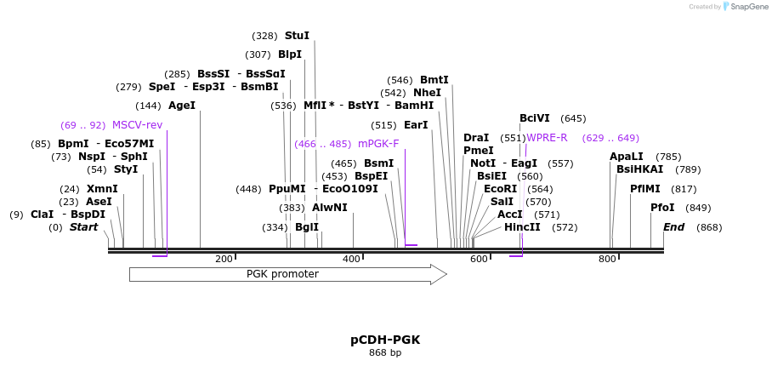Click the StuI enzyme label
297,36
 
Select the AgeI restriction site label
182,106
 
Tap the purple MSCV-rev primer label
137,125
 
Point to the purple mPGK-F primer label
378,144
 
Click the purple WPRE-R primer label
547,138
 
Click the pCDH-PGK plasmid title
385,340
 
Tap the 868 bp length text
385,352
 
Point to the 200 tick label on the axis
224,259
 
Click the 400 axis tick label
351,259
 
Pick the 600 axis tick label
479,259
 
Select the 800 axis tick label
607,259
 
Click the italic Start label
84,227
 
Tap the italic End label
673,227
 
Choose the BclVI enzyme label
535,118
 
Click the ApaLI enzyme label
627,157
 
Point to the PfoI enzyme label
662,208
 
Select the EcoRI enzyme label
500,189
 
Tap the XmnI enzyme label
102,189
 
